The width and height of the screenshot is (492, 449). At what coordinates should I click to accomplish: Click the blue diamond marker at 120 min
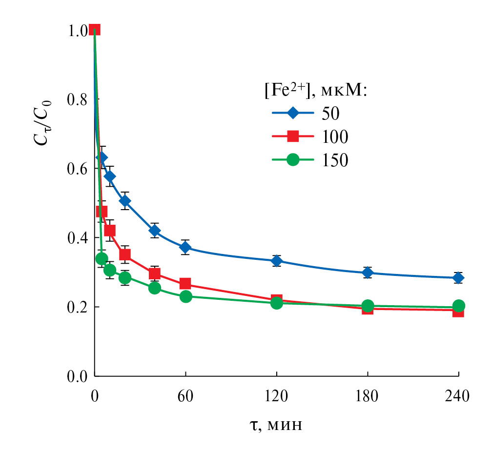pos(277,260)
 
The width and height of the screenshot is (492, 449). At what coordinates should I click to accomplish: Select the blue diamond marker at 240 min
pos(458,278)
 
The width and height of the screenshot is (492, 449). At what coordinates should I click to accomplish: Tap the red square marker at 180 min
pos(368,309)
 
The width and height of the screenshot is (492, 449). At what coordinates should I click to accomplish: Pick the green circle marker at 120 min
pos(277,303)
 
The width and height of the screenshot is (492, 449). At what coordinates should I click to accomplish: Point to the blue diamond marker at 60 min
pos(185,247)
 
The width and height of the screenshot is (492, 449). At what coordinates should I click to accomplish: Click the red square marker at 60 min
pos(185,284)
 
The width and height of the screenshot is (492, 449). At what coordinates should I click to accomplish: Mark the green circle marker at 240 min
pos(458,306)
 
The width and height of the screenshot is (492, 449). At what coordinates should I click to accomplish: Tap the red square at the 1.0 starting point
pos(95,30)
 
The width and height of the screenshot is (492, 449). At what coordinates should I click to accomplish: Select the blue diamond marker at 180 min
pos(368,273)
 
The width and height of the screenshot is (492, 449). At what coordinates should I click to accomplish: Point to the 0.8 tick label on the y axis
pos(77,99)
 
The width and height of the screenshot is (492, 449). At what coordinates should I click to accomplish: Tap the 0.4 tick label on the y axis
pos(77,238)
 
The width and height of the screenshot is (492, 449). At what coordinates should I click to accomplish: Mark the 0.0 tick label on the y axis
pos(77,376)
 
